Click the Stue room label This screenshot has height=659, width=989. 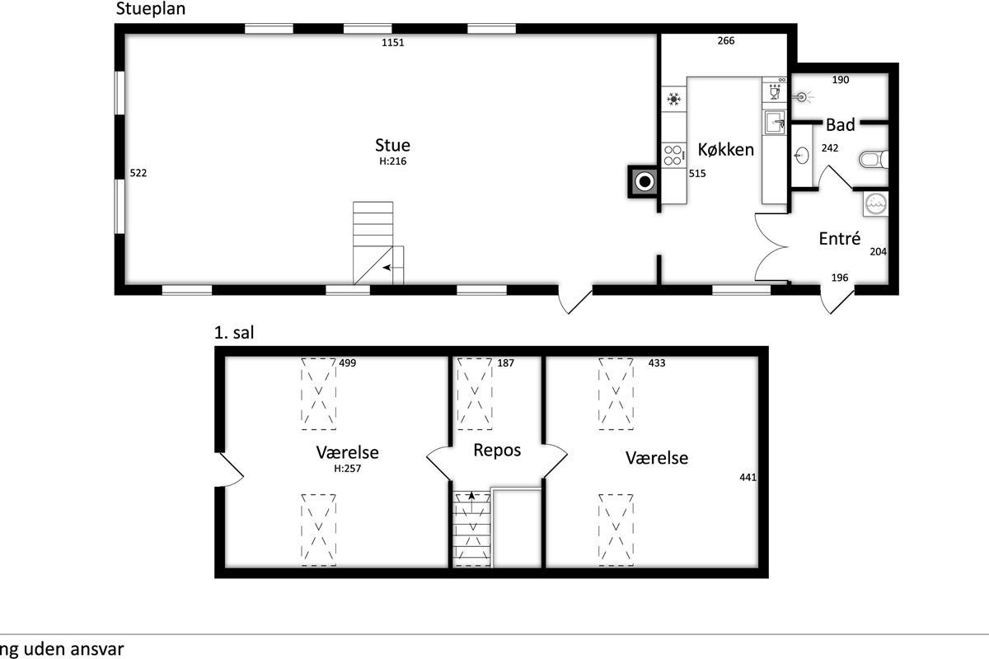pyautogui.click(x=392, y=145)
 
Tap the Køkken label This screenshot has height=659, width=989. pyautogui.click(x=726, y=150)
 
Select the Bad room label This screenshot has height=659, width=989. pyautogui.click(x=840, y=125)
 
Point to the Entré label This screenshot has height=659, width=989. pyautogui.click(x=839, y=238)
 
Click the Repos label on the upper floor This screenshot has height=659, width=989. pyautogui.click(x=497, y=451)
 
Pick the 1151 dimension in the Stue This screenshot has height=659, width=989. pyautogui.click(x=392, y=42)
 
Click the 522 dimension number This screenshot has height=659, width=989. pyautogui.click(x=138, y=173)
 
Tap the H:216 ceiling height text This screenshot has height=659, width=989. pyautogui.click(x=392, y=161)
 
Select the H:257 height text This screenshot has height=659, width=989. pyautogui.click(x=348, y=469)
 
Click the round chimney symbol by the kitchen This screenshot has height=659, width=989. pyautogui.click(x=644, y=181)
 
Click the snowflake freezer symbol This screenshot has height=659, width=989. pyautogui.click(x=674, y=99)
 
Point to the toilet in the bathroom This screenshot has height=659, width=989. pyautogui.click(x=874, y=159)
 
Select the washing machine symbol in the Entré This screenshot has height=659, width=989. pyautogui.click(x=875, y=203)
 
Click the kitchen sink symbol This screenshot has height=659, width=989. pyautogui.click(x=775, y=122)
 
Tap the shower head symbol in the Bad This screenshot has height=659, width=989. pyautogui.click(x=803, y=96)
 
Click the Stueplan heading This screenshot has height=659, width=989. pyautogui.click(x=151, y=9)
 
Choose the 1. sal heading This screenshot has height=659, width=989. pyautogui.click(x=234, y=332)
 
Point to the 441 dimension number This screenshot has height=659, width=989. pyautogui.click(x=748, y=477)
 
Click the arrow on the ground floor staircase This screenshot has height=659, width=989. pyautogui.click(x=387, y=268)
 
